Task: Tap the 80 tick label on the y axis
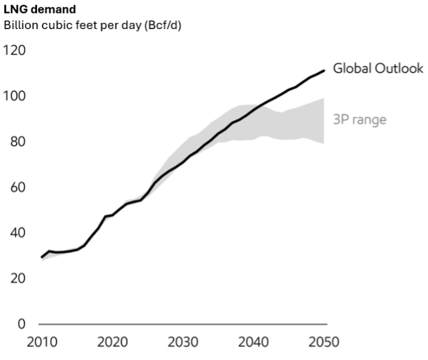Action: [x=17, y=142]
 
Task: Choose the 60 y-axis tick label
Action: [x=17, y=188]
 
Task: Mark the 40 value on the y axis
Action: [x=17, y=233]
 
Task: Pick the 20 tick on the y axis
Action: [x=17, y=278]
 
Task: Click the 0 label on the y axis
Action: [x=21, y=324]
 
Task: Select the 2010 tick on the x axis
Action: [x=42, y=343]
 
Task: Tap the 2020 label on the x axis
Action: [x=113, y=343]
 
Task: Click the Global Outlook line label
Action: [x=378, y=69]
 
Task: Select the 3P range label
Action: [x=359, y=119]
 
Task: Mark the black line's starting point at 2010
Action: [x=42, y=257]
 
